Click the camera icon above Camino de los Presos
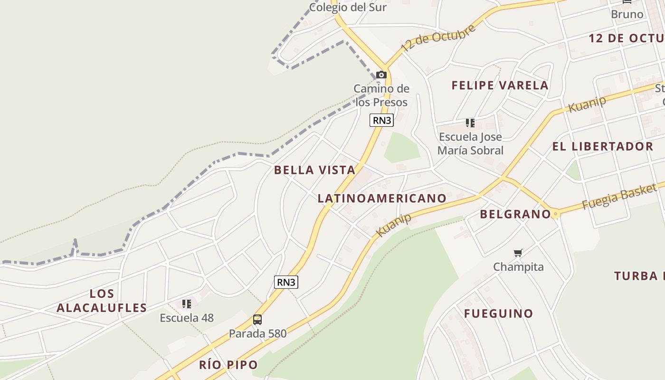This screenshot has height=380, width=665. (x=381, y=75)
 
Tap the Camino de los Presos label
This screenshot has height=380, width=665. (x=381, y=95)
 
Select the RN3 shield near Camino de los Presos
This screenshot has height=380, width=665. (x=381, y=120)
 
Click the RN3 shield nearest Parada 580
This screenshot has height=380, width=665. (x=286, y=282)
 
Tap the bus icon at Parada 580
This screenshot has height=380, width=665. (x=257, y=320)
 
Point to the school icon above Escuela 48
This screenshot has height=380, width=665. (x=187, y=304)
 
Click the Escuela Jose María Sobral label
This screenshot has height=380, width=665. (x=470, y=143)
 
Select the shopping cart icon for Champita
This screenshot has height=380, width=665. (x=518, y=253)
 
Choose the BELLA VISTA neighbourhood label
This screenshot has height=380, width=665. (x=314, y=170)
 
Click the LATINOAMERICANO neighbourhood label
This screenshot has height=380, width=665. (x=382, y=198)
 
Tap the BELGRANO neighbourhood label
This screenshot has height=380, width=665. (x=515, y=214)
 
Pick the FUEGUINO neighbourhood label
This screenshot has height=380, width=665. (x=498, y=313)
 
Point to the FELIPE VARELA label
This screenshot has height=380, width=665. (x=500, y=85)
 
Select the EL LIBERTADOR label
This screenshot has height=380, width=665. (x=602, y=146)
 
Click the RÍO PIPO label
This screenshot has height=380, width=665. (x=228, y=365)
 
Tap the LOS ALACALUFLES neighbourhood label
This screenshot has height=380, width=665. (x=102, y=301)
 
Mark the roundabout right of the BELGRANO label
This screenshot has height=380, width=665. (x=555, y=214)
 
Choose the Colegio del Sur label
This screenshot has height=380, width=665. (x=348, y=7)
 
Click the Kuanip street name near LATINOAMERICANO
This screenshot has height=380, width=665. (x=394, y=225)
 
